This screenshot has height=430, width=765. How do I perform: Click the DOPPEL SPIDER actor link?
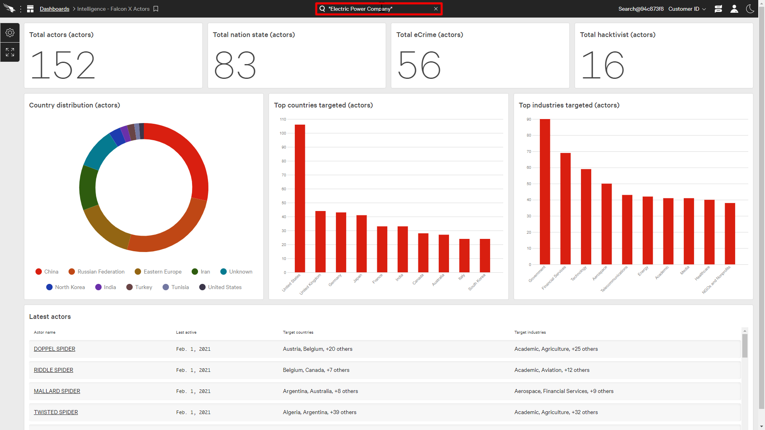(55, 349)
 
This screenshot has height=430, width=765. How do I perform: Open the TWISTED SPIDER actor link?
(56, 412)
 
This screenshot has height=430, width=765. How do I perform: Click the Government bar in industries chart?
(545, 192)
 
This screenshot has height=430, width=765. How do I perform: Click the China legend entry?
(47, 272)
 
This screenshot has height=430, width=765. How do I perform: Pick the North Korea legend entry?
(66, 287)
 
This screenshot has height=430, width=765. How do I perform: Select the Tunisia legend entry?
(176, 287)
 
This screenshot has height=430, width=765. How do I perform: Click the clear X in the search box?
(436, 9)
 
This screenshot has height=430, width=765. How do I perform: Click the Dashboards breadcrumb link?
(55, 9)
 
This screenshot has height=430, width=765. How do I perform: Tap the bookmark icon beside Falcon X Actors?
(156, 9)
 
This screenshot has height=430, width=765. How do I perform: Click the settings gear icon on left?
(10, 33)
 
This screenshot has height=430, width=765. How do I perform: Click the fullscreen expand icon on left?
(10, 52)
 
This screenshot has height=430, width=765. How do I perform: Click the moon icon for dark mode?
(750, 9)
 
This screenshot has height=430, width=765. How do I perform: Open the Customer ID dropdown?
(687, 9)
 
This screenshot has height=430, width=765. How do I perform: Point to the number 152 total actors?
(63, 65)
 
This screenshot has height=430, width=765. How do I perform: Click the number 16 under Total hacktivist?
(602, 65)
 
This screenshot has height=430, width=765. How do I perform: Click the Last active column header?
(186, 332)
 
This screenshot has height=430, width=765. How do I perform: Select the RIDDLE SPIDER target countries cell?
(316, 370)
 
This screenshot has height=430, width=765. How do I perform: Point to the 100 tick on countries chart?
(283, 133)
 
